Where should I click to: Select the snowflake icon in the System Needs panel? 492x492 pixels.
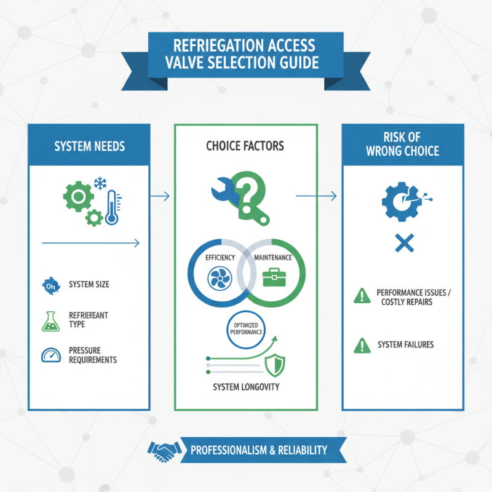pos(100,183)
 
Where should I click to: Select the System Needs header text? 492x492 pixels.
pos(89,146)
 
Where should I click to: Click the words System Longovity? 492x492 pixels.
pos(245,387)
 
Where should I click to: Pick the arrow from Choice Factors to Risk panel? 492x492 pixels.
pos(316,196)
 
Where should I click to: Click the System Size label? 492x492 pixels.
pos(90,285)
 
